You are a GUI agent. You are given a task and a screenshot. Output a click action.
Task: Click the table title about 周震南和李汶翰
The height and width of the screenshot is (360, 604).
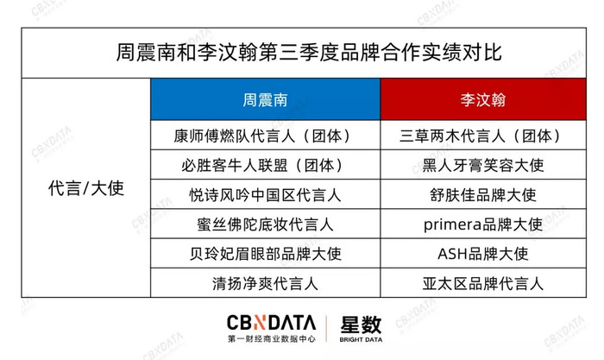pyautogui.click(x=309, y=52)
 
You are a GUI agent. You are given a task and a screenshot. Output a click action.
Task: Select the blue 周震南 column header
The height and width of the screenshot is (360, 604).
pyautogui.click(x=265, y=100)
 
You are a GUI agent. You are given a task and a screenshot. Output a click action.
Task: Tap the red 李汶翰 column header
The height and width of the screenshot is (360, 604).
pyautogui.click(x=482, y=100)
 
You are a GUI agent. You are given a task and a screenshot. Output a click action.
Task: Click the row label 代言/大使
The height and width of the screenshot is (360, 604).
pyautogui.click(x=86, y=188)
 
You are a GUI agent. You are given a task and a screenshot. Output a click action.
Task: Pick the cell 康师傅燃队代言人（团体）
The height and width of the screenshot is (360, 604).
pyautogui.click(x=265, y=136)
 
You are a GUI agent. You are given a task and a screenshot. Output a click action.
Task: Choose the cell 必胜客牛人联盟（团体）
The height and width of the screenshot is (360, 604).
pyautogui.click(x=265, y=166)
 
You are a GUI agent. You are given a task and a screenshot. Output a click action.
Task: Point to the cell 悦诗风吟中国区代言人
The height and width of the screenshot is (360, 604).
pyautogui.click(x=265, y=195)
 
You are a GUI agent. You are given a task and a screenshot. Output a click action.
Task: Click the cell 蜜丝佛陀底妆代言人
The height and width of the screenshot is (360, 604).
pyautogui.click(x=265, y=224)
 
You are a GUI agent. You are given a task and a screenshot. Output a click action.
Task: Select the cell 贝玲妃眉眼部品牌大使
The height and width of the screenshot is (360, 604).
pyautogui.click(x=265, y=254)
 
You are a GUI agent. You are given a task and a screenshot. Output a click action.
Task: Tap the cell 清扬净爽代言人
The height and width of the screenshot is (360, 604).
pyautogui.click(x=265, y=284)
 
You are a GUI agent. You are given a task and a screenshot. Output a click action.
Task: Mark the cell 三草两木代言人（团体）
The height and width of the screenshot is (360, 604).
pyautogui.click(x=482, y=136)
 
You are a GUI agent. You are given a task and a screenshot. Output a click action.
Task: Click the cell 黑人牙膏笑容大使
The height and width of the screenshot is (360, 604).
pyautogui.click(x=482, y=166)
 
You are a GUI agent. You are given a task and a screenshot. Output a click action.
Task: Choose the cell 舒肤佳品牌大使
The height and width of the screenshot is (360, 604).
pyautogui.click(x=482, y=195)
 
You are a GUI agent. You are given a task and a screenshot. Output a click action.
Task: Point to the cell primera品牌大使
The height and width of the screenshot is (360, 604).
pyautogui.click(x=482, y=224)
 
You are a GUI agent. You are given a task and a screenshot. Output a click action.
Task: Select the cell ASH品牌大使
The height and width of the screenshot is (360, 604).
pyautogui.click(x=482, y=254)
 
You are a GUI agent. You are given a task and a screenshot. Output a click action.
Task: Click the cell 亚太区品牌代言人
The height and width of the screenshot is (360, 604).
pyautogui.click(x=482, y=284)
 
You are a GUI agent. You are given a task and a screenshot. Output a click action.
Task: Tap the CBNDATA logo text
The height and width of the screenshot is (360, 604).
pyautogui.click(x=271, y=323)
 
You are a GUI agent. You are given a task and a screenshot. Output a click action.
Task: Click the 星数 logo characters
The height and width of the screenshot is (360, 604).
pyautogui.click(x=361, y=325)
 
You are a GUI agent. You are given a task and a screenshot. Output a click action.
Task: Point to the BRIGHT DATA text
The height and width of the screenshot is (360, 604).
pyautogui.click(x=361, y=339)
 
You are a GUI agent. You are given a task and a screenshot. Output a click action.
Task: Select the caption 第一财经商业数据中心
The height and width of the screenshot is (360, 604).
pyautogui.click(x=271, y=338)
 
